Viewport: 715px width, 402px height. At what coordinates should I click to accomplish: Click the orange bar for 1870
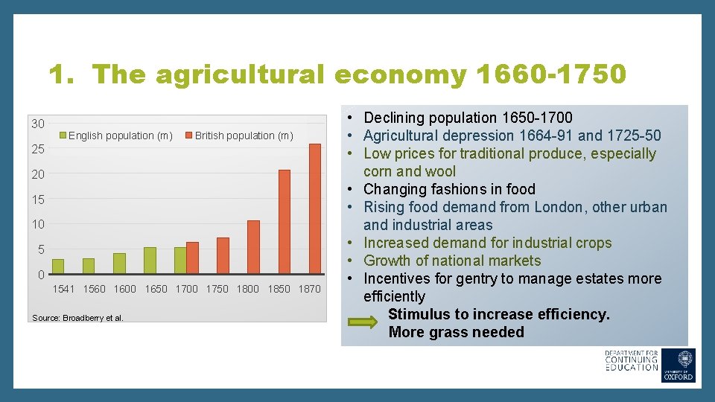point(314,208)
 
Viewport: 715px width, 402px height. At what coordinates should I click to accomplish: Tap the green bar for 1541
point(58,266)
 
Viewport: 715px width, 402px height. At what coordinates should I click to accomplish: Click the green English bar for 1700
point(180,260)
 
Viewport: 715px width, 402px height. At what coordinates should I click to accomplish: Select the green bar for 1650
point(150,260)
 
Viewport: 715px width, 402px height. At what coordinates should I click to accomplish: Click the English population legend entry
point(120,135)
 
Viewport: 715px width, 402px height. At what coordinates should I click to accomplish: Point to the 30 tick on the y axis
point(37,124)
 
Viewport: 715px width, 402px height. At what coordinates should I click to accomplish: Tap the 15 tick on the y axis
point(37,200)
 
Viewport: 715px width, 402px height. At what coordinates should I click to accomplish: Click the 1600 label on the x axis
point(125,289)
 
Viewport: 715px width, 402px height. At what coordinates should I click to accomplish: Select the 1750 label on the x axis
point(217,289)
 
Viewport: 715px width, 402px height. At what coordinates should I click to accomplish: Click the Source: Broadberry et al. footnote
point(77,319)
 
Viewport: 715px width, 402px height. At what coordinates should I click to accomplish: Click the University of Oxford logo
point(679,366)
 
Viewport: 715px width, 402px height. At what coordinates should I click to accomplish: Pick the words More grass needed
point(456,332)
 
